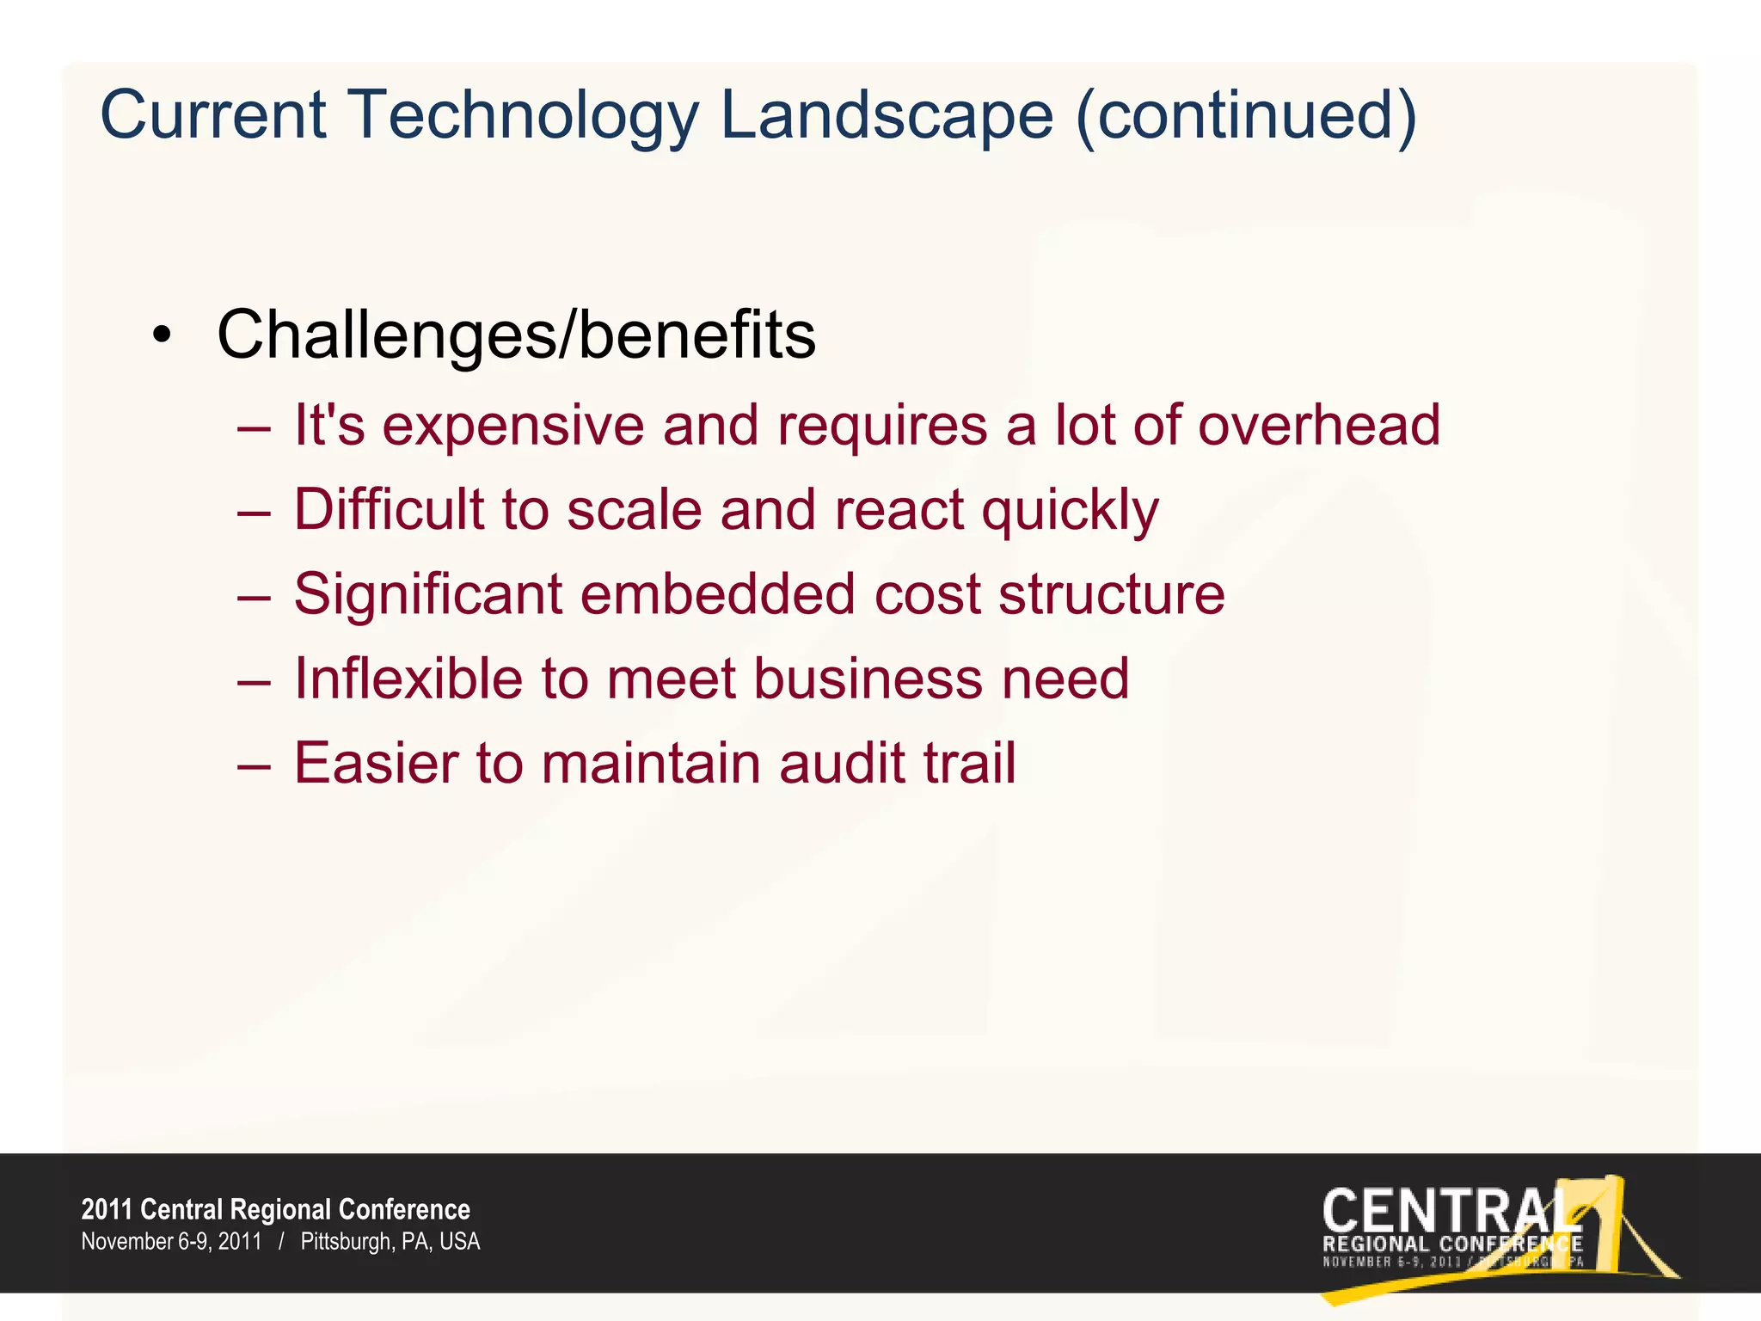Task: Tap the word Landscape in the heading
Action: click(x=887, y=116)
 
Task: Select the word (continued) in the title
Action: click(x=1246, y=116)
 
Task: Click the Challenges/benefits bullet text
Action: click(x=516, y=335)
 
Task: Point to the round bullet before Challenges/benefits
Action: click(x=162, y=336)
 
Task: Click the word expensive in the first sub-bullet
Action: click(x=512, y=427)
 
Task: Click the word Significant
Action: click(x=427, y=594)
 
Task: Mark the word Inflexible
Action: click(x=408, y=679)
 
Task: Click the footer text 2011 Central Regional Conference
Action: click(x=275, y=1209)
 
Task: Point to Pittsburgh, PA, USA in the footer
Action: click(x=390, y=1242)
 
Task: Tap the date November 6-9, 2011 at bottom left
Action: click(x=171, y=1242)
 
